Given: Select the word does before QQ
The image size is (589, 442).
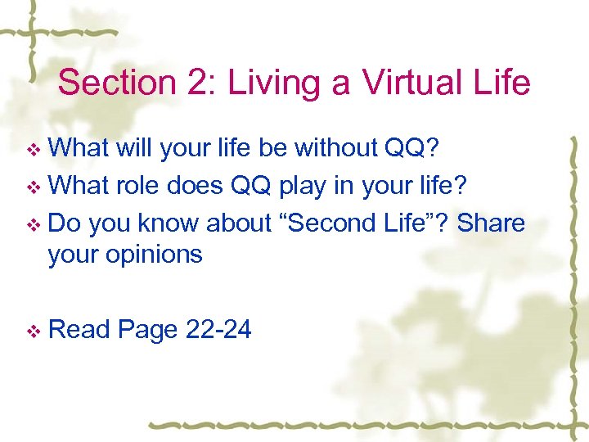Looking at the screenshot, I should [x=197, y=186].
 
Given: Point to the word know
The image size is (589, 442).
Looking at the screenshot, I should [x=168, y=223].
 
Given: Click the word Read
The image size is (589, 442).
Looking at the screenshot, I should [x=79, y=329].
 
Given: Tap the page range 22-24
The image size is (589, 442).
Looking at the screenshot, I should [x=218, y=329].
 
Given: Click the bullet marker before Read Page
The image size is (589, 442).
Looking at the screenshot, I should [x=34, y=331].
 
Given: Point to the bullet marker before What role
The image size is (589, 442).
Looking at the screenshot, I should [x=34, y=187].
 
